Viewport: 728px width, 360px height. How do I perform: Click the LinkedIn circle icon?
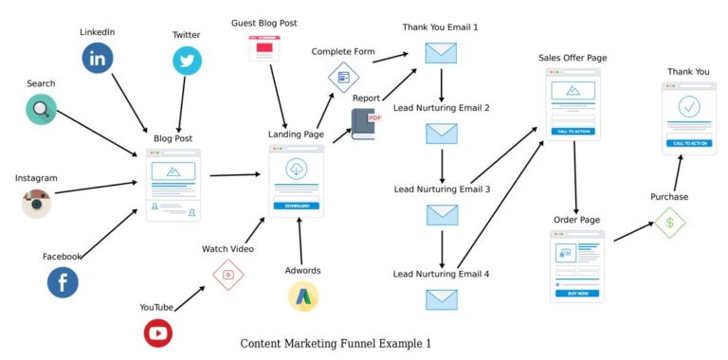tap(97, 58)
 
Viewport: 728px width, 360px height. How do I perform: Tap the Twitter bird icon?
tap(187, 61)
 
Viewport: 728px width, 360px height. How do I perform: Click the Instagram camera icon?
tap(36, 203)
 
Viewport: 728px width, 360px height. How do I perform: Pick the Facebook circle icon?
tap(63, 282)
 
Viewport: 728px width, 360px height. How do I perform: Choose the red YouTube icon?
tap(157, 333)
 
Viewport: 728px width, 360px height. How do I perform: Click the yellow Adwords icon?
tap(302, 297)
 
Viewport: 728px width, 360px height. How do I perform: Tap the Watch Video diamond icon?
tap(227, 275)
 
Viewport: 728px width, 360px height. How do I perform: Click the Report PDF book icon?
tap(365, 123)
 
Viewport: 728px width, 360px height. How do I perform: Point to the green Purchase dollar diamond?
tap(669, 223)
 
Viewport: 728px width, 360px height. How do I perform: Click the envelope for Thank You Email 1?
tap(441, 53)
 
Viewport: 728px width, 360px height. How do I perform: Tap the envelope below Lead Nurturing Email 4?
tap(442, 299)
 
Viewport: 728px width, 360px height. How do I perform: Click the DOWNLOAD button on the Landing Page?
tap(296, 206)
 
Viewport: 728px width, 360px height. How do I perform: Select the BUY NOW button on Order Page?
tap(576, 294)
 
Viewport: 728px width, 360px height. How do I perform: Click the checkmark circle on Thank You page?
tap(688, 105)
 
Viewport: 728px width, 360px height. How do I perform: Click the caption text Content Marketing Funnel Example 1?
tap(335, 343)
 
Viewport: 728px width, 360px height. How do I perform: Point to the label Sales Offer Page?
tap(573, 58)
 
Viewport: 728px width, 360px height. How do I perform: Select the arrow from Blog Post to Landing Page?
tap(234, 174)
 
